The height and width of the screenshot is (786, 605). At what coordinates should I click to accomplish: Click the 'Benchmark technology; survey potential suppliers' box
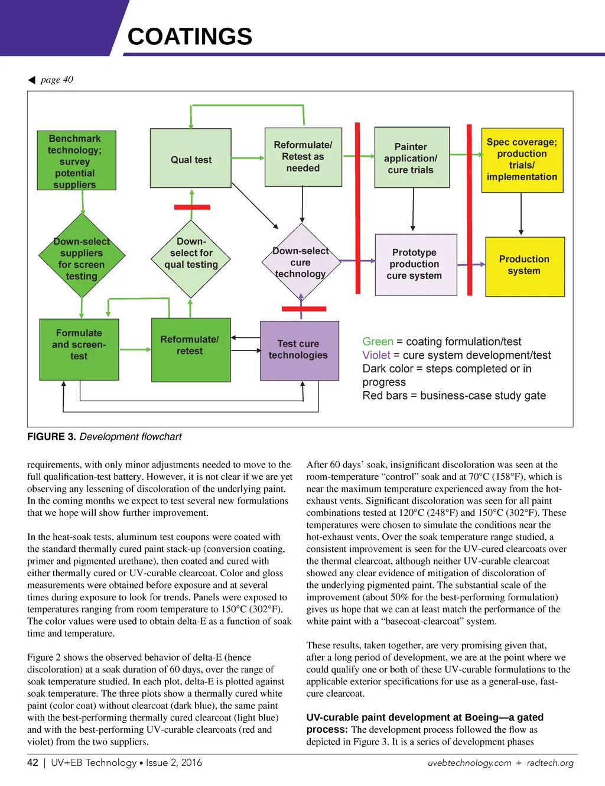(x=76, y=161)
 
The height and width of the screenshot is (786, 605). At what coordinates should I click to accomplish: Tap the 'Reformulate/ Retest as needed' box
(x=303, y=157)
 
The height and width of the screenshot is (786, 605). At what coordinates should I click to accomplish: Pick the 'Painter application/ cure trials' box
(x=412, y=158)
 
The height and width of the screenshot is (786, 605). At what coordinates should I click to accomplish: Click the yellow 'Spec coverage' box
(x=522, y=160)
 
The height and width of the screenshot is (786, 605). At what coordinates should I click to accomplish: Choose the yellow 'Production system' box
(x=525, y=267)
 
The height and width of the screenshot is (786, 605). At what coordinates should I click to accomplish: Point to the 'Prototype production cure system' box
(x=416, y=265)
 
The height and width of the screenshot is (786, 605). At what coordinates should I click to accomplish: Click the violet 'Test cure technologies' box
(x=299, y=350)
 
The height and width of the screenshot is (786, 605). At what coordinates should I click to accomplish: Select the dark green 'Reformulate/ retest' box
(x=191, y=350)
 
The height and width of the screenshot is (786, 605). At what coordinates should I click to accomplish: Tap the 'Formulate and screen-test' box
(x=79, y=349)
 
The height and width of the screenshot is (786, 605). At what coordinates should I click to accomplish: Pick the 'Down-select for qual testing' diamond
(x=191, y=258)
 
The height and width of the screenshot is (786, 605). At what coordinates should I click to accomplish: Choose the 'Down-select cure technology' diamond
(x=301, y=261)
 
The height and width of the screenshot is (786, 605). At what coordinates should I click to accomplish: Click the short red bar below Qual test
(x=192, y=207)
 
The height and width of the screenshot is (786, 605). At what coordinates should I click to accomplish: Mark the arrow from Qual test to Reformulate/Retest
(x=248, y=158)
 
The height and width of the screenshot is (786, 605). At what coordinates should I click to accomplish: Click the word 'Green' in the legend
(x=378, y=342)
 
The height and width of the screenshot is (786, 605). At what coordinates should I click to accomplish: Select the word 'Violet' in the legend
(x=376, y=355)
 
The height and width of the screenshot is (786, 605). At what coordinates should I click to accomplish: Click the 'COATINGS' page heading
(x=190, y=37)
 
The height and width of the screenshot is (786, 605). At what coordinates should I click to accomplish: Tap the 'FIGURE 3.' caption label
(x=51, y=437)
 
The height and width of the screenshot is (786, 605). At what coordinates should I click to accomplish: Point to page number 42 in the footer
(x=32, y=762)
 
